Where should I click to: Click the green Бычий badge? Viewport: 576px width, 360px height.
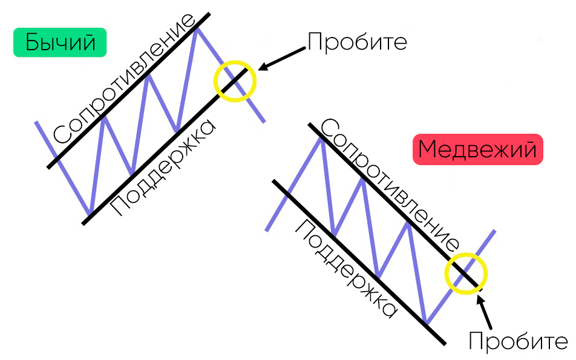[59, 43]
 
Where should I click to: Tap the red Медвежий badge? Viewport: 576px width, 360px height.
[477, 149]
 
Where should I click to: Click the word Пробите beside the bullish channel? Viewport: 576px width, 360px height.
[357, 42]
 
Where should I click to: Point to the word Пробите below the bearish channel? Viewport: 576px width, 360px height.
[518, 341]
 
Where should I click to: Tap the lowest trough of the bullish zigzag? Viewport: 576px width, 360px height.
[90, 214]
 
